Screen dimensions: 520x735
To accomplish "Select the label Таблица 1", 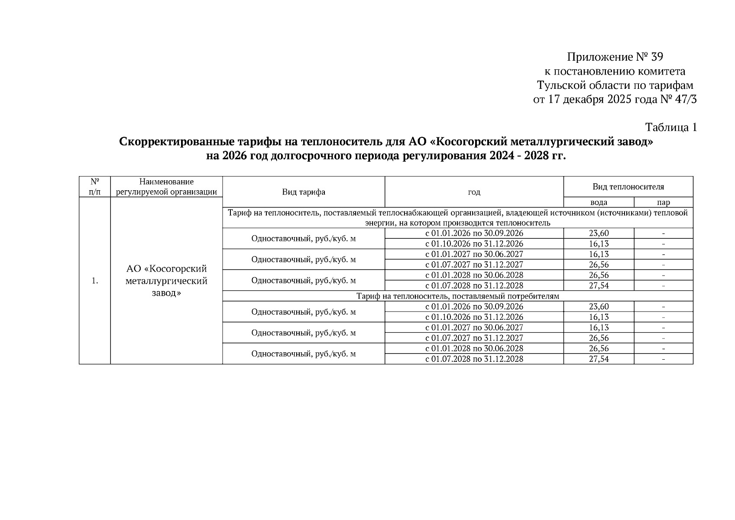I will click(671, 127).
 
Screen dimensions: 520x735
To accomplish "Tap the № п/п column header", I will click(95, 187).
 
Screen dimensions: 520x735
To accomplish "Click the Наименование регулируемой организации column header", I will click(166, 187).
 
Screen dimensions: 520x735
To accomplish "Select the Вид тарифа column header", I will click(304, 192).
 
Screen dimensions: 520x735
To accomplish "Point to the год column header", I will click(474, 192).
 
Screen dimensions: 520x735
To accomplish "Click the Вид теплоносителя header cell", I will click(628, 187).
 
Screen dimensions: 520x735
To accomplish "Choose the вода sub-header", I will click(599, 202).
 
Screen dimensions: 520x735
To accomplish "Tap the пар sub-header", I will click(663, 202).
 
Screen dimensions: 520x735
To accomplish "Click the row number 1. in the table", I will click(95, 281).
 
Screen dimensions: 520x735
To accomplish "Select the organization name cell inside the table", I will click(166, 281).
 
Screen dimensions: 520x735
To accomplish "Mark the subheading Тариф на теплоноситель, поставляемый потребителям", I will click(458, 296).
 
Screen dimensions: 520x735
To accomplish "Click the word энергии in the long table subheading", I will click(379, 223).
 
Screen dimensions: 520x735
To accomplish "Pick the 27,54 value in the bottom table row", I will click(599, 359).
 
